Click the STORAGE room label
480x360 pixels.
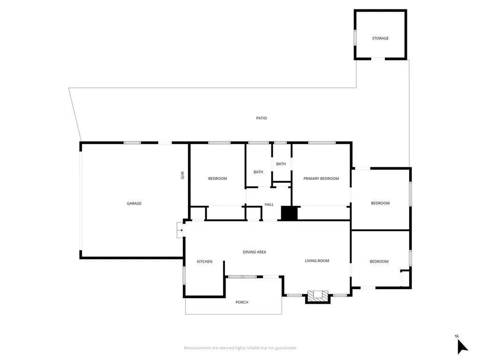pos(380,38)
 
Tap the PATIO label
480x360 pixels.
pos(262,118)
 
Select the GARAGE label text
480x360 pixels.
pos(134,203)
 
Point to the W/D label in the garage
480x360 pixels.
pos(182,175)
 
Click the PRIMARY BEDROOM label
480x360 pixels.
pos(321,179)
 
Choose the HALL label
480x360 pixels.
pos(269,204)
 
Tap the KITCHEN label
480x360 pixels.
pos(204,262)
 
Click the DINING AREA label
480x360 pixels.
pos(255,252)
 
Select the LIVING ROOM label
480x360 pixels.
pos(317,261)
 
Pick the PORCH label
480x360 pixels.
pos(242,302)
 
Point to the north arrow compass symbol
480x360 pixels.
pos(462,346)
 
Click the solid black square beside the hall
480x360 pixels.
pos(289,213)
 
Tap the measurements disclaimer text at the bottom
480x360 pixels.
pos(240,348)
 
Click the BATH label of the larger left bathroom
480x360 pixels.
pos(258,172)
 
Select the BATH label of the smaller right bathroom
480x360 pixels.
pos(281,164)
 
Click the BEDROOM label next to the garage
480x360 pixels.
pos(217,179)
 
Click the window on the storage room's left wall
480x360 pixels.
pos(355,37)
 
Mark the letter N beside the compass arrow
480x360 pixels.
pos(457,336)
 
